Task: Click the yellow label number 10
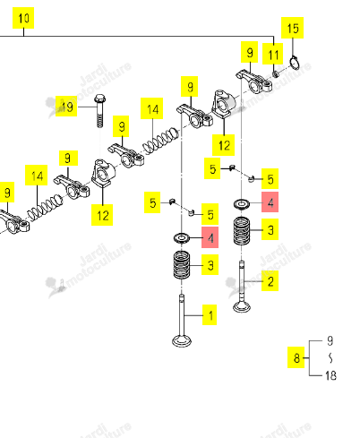pos(23,18)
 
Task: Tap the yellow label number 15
pos(293,28)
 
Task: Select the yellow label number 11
pos(273,54)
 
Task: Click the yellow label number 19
pos(66,107)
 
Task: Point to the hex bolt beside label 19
pos(99,111)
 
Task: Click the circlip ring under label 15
pos(295,63)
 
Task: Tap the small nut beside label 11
pos(277,73)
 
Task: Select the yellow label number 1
pos(210,315)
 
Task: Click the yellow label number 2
pos(270,281)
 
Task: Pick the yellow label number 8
pos(296,357)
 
